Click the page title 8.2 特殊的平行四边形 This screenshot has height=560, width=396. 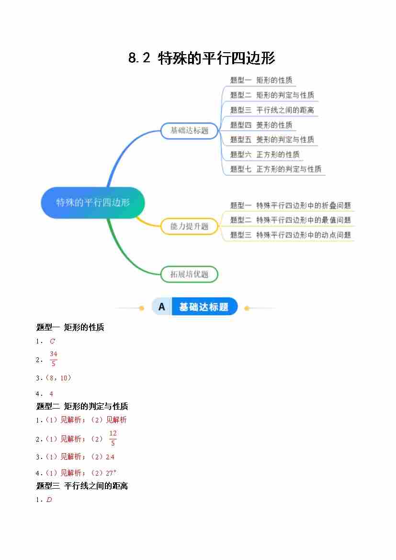(202, 58)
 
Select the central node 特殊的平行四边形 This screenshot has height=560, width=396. (93, 203)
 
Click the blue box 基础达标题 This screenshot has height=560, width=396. (190, 130)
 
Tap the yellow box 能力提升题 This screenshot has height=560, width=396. (190, 226)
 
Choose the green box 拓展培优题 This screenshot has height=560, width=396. (190, 274)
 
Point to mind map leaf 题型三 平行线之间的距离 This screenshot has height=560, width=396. (272, 110)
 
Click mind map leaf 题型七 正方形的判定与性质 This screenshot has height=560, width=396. (276, 169)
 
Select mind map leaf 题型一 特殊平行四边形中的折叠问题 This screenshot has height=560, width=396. (290, 206)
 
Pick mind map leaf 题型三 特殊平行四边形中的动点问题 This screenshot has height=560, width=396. (290, 235)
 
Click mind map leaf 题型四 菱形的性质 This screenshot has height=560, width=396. (261, 125)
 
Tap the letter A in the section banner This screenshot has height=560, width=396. (162, 307)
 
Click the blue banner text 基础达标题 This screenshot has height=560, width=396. (204, 307)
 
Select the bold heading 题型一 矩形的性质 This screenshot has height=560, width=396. (70, 328)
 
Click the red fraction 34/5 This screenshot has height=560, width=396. (54, 359)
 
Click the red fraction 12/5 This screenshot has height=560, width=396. (113, 438)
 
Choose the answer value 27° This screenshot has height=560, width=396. (111, 472)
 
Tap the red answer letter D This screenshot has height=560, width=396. (49, 500)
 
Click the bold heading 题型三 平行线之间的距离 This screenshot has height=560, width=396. (82, 486)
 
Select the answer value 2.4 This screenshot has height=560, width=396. (110, 457)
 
